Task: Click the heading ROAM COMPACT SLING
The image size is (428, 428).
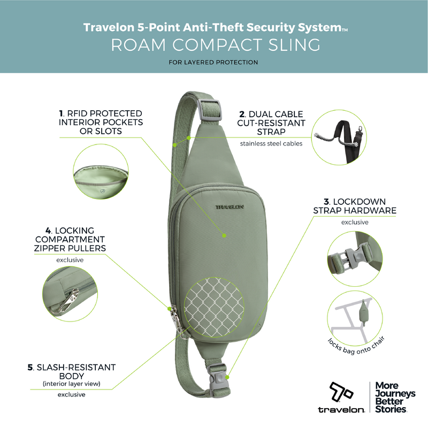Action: point(216,45)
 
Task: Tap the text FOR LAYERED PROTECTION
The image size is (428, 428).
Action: point(213,62)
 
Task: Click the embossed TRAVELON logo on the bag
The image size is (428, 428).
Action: point(230,207)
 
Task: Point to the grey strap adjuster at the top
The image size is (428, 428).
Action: point(209,110)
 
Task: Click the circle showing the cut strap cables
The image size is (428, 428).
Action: point(339,137)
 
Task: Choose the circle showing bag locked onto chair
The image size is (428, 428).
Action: point(355,318)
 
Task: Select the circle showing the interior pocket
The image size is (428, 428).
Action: point(101,171)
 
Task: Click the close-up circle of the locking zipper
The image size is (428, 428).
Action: point(70,294)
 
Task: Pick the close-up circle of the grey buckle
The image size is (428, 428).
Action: point(355,259)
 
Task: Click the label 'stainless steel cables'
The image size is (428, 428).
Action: point(271,143)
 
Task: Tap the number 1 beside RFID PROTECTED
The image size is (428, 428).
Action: point(61,113)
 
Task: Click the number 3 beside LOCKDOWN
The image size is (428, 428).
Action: point(326,202)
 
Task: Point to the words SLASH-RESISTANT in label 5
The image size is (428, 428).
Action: point(76,368)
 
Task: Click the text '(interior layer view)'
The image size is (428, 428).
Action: point(72,384)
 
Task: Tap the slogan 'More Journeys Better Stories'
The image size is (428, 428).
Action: point(395,397)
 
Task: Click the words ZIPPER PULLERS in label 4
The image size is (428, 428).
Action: point(70,248)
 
